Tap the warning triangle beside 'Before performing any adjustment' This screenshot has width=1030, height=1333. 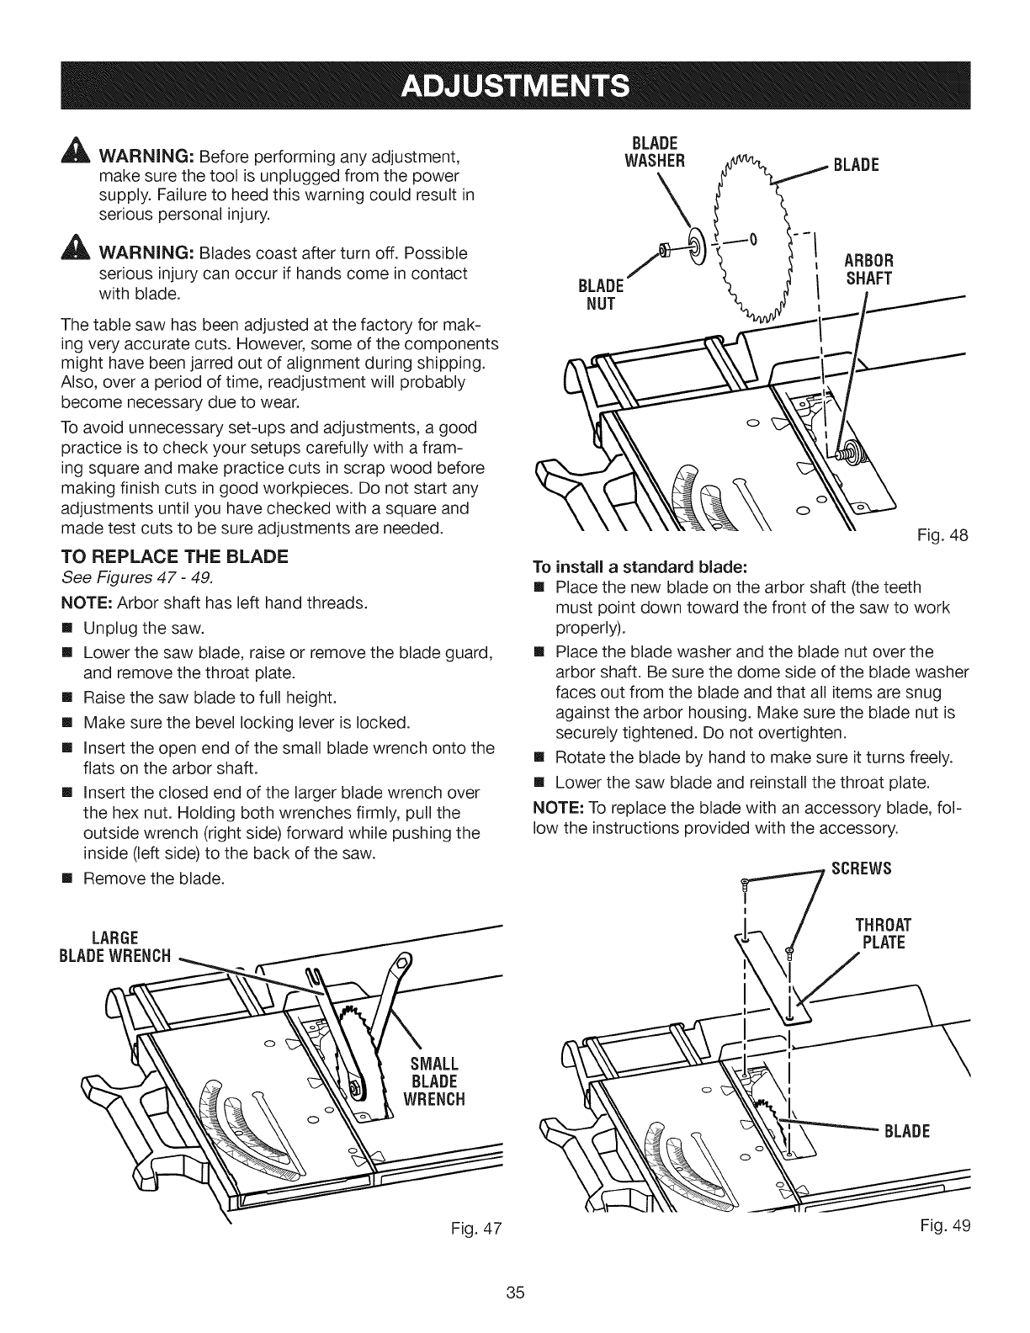click(x=81, y=157)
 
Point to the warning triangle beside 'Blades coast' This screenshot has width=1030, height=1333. click(x=81, y=252)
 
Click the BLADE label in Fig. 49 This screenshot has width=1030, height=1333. click(x=905, y=1130)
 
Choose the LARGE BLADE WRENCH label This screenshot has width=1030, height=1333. click(x=125, y=947)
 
